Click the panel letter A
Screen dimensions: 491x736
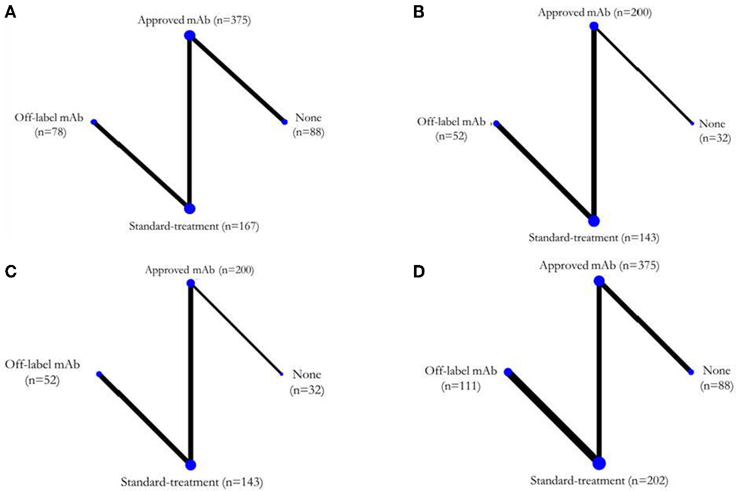click(10, 12)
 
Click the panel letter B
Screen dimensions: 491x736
click(419, 12)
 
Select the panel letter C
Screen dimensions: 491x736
click(10, 271)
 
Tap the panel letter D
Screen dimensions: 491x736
click(419, 271)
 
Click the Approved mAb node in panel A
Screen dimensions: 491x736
click(190, 35)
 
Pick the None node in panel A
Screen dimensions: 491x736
click(285, 122)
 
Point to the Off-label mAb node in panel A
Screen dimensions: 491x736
click(93, 122)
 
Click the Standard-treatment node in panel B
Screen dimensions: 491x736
click(594, 221)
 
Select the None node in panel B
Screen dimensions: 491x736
click(692, 124)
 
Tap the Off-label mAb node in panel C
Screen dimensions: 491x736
click(99, 374)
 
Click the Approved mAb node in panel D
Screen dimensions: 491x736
click(599, 281)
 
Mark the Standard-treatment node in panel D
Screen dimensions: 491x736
click(599, 463)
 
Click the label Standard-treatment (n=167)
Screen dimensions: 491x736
click(194, 227)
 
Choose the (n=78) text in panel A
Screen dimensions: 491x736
click(50, 132)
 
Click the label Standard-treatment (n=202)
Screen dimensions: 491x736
click(599, 481)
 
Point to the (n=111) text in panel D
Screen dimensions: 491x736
click(461, 386)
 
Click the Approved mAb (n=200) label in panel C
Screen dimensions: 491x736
click(199, 270)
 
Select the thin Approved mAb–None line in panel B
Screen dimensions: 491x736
click(643, 75)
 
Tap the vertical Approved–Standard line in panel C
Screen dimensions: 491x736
click(191, 374)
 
